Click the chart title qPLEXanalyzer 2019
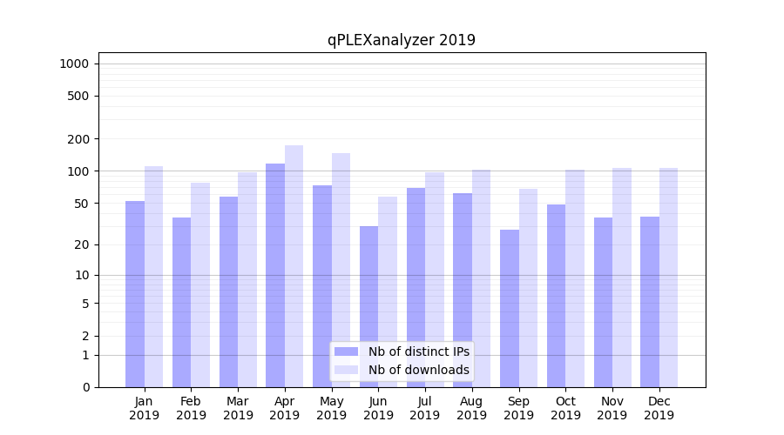click(401, 40)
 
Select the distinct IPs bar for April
click(275, 275)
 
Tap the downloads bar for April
click(294, 266)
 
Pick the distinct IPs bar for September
click(510, 308)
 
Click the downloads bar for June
click(388, 291)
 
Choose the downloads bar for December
click(668, 278)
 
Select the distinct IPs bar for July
click(416, 287)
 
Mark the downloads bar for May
click(341, 270)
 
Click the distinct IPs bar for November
click(603, 302)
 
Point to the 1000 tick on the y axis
click(74, 64)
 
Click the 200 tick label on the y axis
click(79, 139)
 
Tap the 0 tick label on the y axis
click(85, 387)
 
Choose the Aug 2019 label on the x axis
click(471, 408)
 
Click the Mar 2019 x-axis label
click(238, 408)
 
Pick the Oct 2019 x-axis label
click(565, 408)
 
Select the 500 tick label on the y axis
click(79, 96)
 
